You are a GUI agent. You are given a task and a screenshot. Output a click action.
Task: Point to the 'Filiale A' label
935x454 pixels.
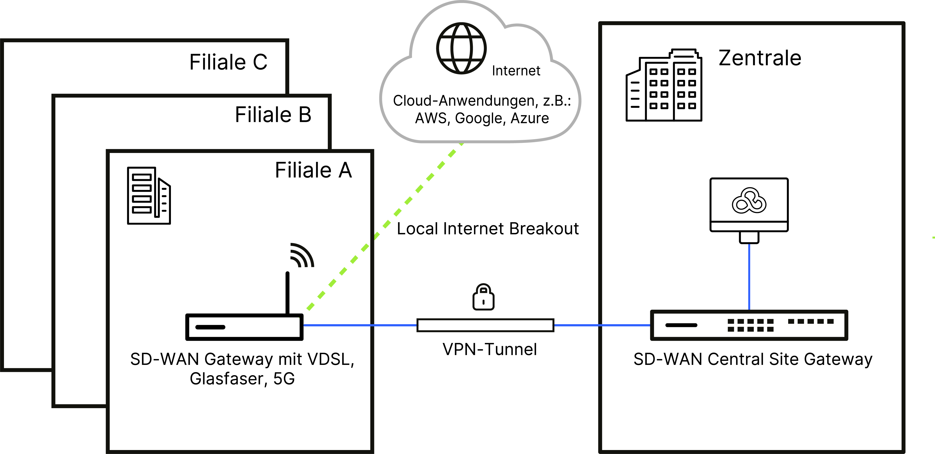click(x=313, y=170)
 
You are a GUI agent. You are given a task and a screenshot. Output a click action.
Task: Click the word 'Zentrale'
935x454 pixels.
click(x=760, y=58)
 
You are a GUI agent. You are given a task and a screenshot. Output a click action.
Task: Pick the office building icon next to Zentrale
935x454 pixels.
click(x=664, y=85)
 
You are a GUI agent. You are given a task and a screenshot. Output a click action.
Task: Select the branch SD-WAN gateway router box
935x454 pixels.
click(x=244, y=327)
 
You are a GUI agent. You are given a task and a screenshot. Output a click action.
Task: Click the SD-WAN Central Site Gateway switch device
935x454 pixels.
click(x=749, y=325)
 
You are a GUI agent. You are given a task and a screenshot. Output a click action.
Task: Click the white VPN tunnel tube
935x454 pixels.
click(x=485, y=325)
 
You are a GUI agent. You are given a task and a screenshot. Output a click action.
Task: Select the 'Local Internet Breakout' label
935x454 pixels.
click(x=487, y=229)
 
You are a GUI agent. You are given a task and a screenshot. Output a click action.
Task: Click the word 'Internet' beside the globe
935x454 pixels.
click(x=516, y=71)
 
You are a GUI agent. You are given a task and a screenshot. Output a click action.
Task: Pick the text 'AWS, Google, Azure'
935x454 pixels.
click(x=482, y=118)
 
